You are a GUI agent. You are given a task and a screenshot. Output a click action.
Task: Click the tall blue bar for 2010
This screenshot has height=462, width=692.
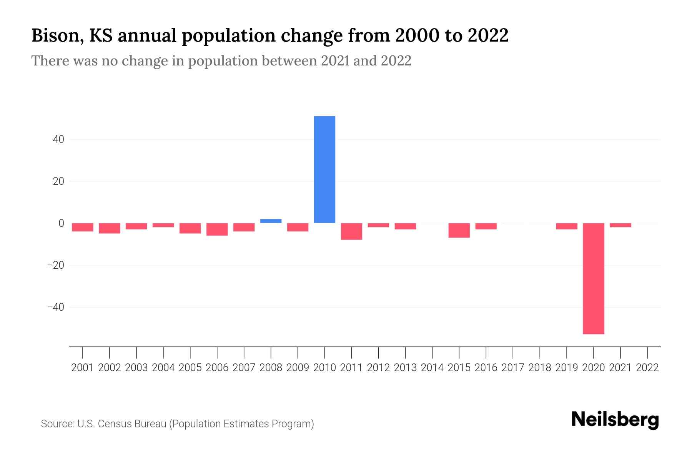pos(324,169)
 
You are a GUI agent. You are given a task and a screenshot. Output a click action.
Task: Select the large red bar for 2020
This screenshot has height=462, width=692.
pos(593,278)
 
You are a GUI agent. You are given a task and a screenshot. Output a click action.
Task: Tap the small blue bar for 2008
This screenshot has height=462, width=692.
pos(271,221)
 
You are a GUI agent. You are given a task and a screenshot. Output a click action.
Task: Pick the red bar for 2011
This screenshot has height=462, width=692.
pos(351,231)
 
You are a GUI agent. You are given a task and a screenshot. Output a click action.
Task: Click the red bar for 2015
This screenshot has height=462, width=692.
pos(459,230)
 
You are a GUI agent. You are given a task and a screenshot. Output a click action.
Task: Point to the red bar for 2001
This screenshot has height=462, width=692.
pos(83,227)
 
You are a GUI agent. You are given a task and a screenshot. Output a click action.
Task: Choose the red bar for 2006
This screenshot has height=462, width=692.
pos(217,229)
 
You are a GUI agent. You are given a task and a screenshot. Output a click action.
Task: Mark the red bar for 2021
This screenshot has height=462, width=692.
pos(620,225)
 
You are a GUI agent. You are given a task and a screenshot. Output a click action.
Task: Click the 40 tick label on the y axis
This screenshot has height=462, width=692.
pos(58,139)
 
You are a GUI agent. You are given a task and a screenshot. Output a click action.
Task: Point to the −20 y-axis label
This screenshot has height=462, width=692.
pos(56,265)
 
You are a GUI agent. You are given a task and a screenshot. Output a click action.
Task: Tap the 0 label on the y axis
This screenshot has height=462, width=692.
pos(62,223)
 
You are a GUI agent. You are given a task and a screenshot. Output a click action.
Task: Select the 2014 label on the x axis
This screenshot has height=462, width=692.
pos(432,368)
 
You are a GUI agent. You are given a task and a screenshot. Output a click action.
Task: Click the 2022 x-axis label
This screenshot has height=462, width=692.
pos(647,368)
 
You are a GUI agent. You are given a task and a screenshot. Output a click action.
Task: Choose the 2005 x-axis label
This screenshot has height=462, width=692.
pos(190,368)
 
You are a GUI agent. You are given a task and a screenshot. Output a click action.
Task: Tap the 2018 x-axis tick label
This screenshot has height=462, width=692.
pos(540,368)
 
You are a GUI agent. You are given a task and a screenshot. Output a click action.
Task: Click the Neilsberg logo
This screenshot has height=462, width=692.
pos(615,420)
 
